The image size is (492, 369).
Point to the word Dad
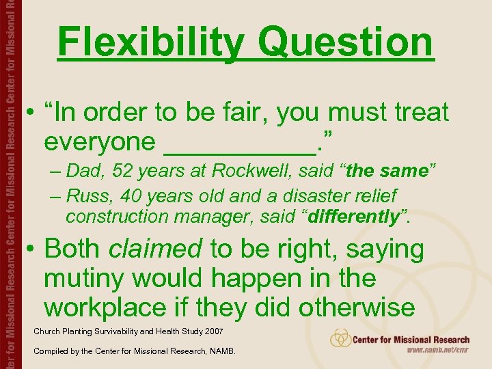89,171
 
